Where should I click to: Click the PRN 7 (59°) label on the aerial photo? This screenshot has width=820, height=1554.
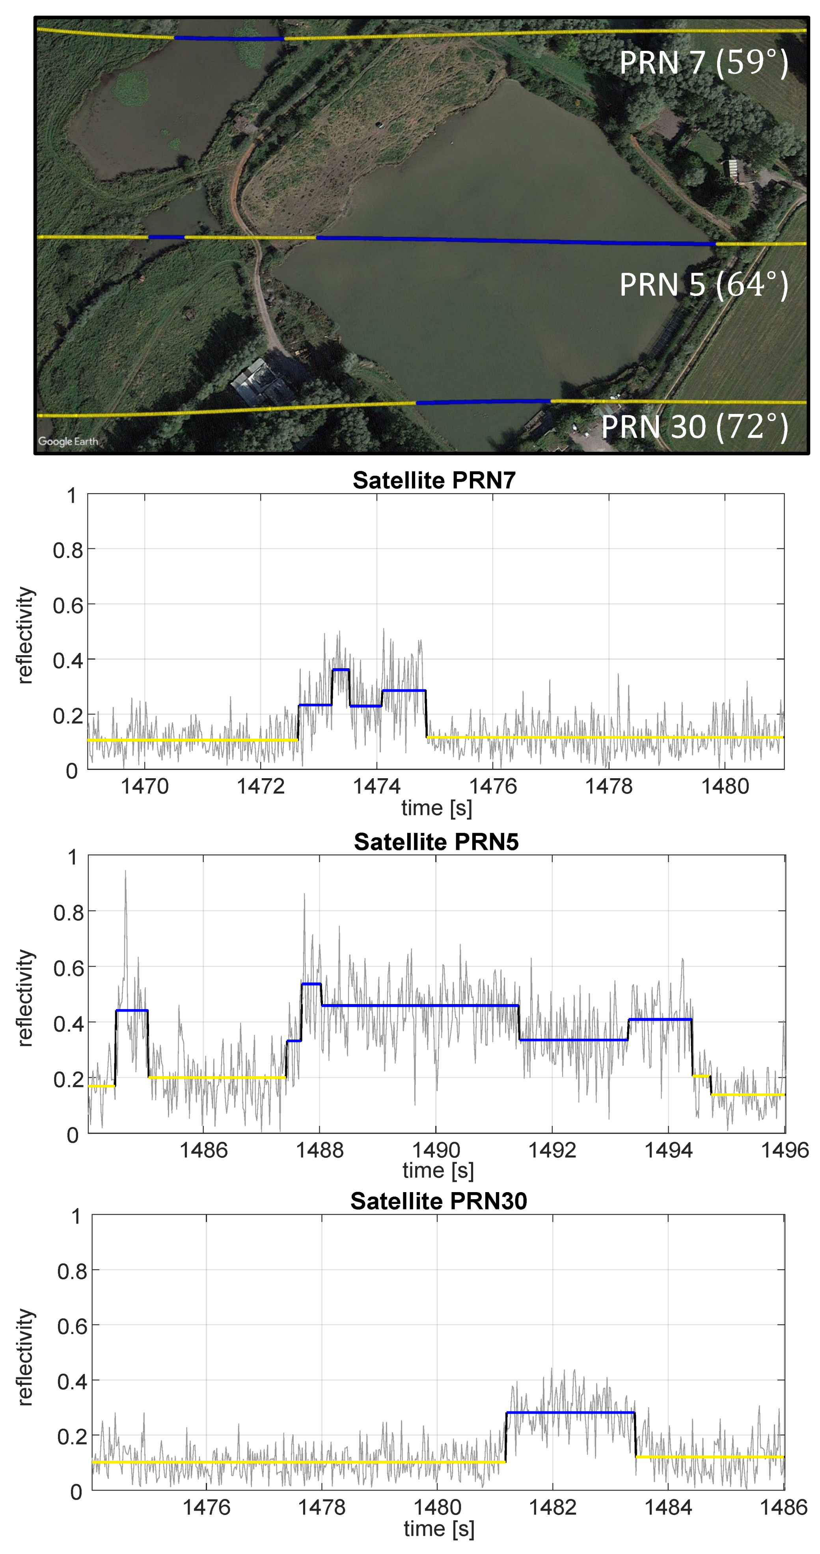(x=704, y=62)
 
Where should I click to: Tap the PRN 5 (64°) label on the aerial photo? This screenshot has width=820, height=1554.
(x=704, y=284)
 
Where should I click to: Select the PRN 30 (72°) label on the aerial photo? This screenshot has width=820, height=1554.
(x=695, y=427)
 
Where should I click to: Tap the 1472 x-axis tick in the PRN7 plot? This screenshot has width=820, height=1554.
(x=261, y=786)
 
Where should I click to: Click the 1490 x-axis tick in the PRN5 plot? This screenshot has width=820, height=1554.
(x=436, y=1150)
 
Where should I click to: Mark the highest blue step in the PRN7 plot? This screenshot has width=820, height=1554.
(x=340, y=670)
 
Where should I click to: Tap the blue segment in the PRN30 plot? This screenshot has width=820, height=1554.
(x=570, y=1412)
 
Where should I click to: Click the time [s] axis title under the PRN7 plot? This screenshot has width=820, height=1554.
(x=436, y=808)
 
